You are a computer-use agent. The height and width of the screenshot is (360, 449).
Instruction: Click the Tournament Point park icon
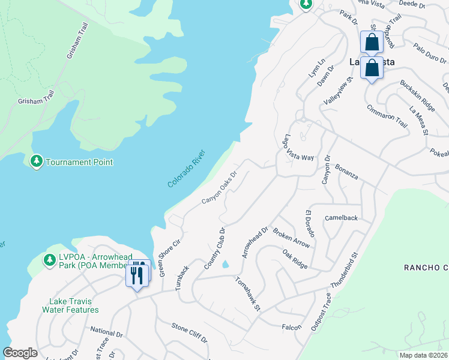[37, 162]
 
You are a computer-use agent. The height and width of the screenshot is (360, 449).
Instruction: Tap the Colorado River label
[187, 169]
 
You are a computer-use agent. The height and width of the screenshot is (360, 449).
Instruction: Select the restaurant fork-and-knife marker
[137, 275]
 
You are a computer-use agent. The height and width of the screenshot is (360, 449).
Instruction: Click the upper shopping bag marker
[372, 43]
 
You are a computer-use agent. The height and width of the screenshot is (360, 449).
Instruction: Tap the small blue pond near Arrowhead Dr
[226, 265]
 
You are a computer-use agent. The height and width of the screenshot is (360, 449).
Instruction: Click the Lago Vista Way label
[299, 148]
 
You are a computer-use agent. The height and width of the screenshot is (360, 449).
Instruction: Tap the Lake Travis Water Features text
[70, 306]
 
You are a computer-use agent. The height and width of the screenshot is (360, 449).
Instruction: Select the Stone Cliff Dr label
[190, 332]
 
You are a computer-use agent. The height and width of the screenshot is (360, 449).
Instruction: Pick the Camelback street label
[341, 218]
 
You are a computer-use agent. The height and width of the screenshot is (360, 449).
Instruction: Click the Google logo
[20, 353]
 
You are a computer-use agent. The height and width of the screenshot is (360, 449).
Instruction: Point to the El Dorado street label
[310, 224]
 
